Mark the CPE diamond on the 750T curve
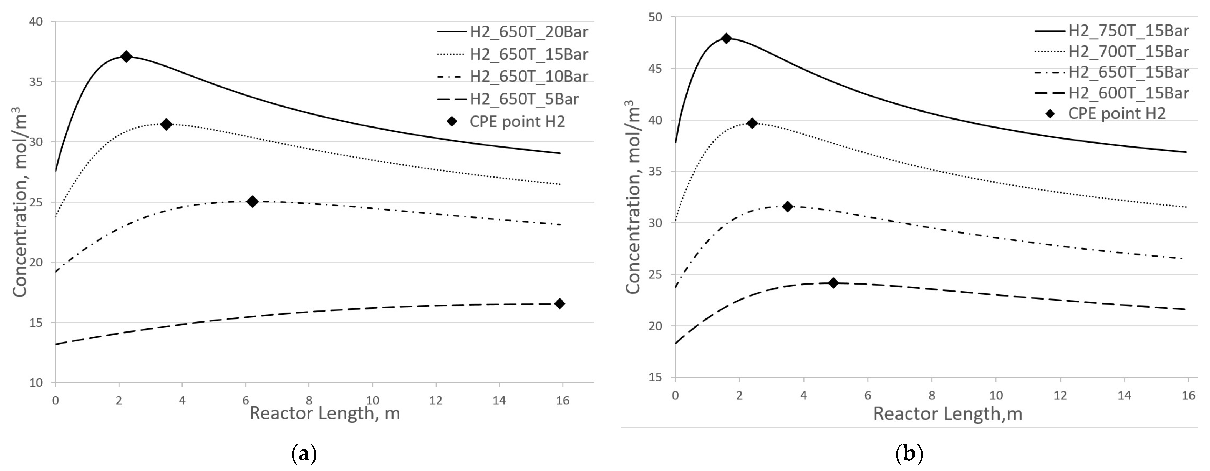726,39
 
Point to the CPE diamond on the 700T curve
752,123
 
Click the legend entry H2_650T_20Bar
528,32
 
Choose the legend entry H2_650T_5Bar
524,99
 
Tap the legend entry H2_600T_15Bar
1128,93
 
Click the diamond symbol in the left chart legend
452,121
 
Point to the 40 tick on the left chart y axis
36,22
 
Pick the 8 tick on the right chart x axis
931,395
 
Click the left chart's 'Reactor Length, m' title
325,413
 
